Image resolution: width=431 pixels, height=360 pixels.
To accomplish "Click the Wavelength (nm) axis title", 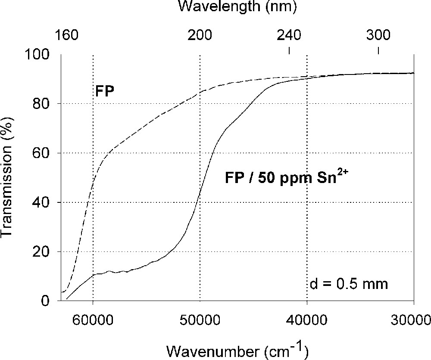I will [237, 7].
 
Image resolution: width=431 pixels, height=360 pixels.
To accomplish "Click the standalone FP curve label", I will [104, 91].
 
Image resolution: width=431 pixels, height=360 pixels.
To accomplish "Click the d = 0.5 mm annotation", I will [349, 284].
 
